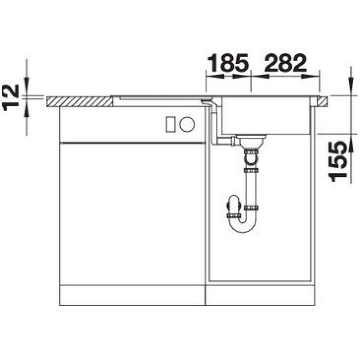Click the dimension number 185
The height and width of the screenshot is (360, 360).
point(228,62)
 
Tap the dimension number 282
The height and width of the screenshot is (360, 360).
point(285,62)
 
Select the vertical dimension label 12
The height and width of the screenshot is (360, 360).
point(10,97)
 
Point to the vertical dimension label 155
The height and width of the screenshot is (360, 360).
point(337,161)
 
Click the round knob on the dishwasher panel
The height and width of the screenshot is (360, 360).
point(187,125)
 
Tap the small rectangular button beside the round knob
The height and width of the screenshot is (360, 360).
point(171,125)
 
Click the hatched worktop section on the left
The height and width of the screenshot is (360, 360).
point(80,102)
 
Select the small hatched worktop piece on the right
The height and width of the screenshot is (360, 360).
point(322,102)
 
